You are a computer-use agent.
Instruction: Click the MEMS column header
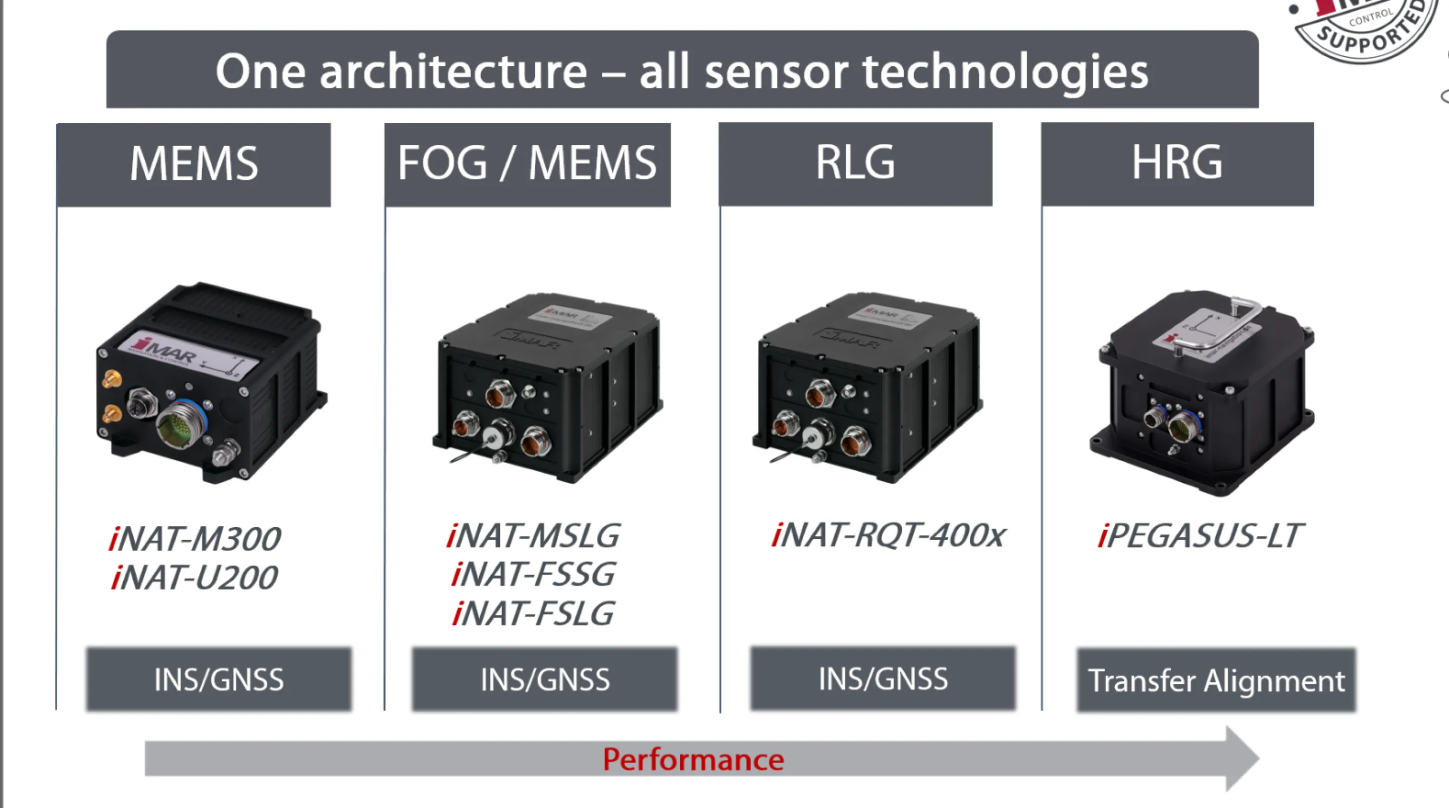click(193, 164)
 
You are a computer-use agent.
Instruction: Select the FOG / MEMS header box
click(527, 164)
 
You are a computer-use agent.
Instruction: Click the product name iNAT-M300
click(194, 538)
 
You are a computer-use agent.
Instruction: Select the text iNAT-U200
click(194, 577)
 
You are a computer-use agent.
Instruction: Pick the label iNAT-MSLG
click(533, 535)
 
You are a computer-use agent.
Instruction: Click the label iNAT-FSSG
click(533, 574)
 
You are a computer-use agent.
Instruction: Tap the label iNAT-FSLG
click(533, 613)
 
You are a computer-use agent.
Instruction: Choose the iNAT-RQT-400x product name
click(887, 535)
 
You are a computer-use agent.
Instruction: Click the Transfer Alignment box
click(1216, 680)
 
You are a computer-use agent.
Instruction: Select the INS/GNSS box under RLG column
click(883, 679)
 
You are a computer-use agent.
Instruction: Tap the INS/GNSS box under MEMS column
click(218, 679)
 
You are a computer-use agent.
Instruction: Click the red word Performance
click(693, 760)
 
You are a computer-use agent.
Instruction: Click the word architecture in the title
click(453, 72)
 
